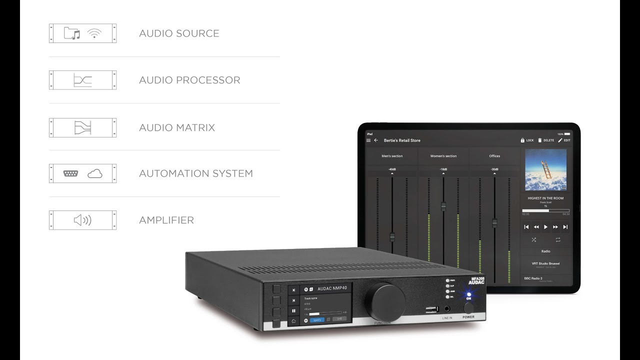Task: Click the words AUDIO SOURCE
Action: tap(179, 33)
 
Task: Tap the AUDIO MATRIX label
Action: tap(177, 127)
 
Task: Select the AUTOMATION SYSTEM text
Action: tap(196, 173)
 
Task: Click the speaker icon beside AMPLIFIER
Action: tap(82, 220)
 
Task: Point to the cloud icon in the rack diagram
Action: tap(94, 173)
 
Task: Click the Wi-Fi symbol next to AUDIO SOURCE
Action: tap(94, 33)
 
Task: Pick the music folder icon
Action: tap(72, 33)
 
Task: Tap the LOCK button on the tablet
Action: tap(527, 140)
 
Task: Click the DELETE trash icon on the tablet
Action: tap(540, 140)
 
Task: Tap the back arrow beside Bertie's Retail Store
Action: tap(376, 140)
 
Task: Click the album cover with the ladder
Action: tap(545, 170)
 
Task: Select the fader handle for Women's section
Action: tap(443, 206)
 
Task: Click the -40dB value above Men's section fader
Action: tap(392, 169)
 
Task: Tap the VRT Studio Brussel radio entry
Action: tap(545, 264)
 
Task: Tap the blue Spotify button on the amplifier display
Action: tap(317, 319)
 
